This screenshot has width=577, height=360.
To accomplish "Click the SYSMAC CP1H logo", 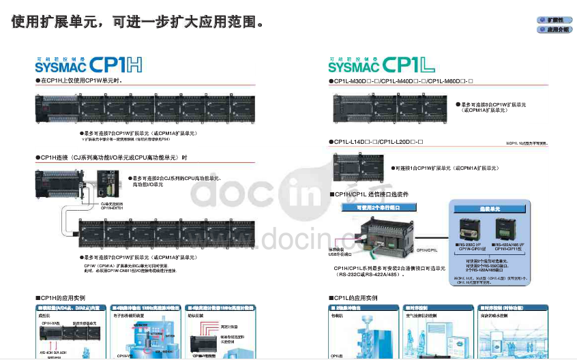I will coord(89,65).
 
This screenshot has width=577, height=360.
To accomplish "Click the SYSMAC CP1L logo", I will coord(381,65).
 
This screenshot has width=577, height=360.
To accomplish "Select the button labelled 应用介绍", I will coord(553,30).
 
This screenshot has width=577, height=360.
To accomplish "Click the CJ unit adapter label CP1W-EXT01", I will coord(112,207).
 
